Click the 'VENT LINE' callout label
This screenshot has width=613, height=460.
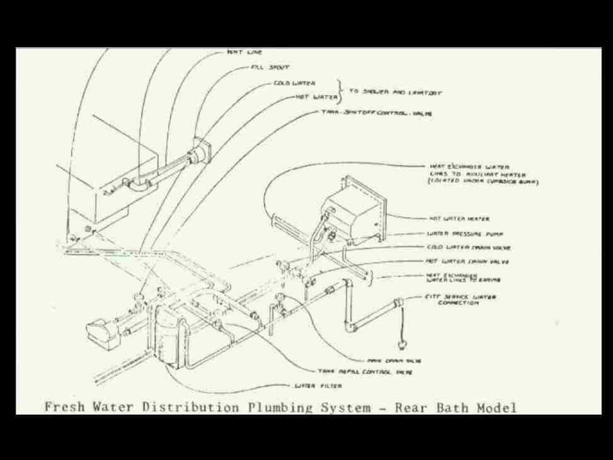pos(245,52)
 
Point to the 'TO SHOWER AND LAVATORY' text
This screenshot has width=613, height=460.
pos(395,92)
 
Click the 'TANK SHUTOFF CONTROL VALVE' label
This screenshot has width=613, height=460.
pos(376,113)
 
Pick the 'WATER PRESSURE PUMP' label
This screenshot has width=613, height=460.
pos(466,233)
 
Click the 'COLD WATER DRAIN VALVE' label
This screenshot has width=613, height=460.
pos(469,248)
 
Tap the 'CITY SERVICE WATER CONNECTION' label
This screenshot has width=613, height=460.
pos(461,299)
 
